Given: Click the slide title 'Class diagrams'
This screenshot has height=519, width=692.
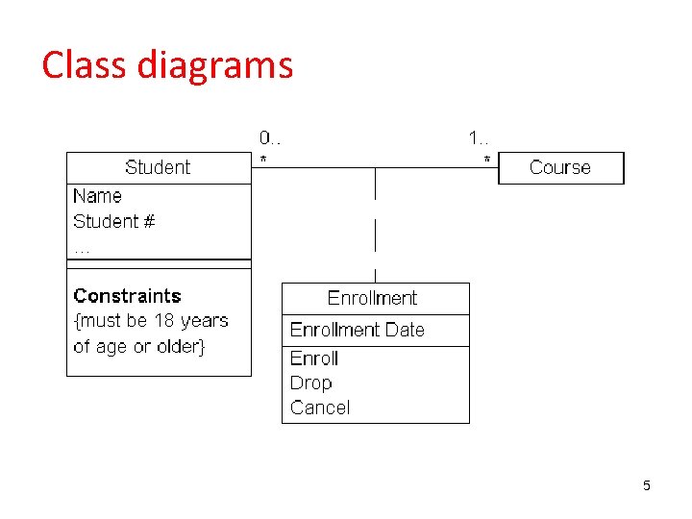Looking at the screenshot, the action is (167, 65).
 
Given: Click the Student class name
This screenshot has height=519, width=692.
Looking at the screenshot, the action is (158, 167).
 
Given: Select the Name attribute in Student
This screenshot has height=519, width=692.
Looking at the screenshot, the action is (97, 196).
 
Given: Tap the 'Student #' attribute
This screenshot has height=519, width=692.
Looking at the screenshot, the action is (113, 221).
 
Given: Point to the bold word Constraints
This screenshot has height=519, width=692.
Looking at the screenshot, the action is (127, 296).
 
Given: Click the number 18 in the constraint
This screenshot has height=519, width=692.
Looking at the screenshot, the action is (165, 321).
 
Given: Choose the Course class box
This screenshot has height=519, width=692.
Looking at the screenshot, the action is (560, 167).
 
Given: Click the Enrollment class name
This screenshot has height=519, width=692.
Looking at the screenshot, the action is (372, 298).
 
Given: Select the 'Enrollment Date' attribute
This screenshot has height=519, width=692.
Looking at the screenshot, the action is (357, 330).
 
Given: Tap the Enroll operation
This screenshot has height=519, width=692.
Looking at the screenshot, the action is (314, 358).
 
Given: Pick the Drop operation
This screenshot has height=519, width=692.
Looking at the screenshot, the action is (310, 383).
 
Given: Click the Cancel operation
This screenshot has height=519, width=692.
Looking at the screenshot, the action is (320, 408).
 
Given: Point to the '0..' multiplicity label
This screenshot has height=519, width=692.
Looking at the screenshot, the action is (269, 138).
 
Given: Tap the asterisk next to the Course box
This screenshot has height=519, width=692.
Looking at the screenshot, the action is (486, 160).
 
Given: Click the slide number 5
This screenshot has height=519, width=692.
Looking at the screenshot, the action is (647, 485).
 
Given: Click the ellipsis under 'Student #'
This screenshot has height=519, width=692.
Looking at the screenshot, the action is (82, 248).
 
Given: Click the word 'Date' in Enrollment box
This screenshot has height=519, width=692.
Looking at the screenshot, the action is (405, 330).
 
